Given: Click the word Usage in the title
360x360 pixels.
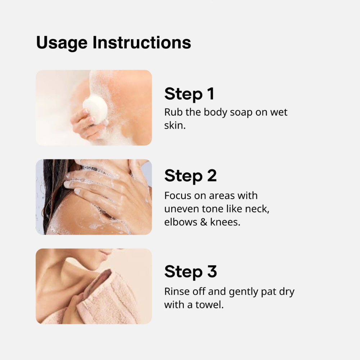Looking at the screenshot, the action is point(62,43).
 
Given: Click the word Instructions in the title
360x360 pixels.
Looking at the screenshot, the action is point(141,42).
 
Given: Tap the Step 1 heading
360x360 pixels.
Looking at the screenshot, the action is point(189,94).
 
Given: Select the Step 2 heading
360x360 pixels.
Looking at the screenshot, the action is point(190,176).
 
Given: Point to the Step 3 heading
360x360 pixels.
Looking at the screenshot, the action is point(190,271).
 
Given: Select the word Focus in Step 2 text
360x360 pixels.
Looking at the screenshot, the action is point(178,195).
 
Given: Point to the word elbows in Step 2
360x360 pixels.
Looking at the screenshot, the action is point(181,222).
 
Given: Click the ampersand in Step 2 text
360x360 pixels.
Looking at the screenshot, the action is point(204,222).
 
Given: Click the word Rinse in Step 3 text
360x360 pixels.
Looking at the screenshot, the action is point(177,292).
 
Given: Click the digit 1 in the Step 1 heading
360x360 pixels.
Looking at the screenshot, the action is point(211,94).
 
